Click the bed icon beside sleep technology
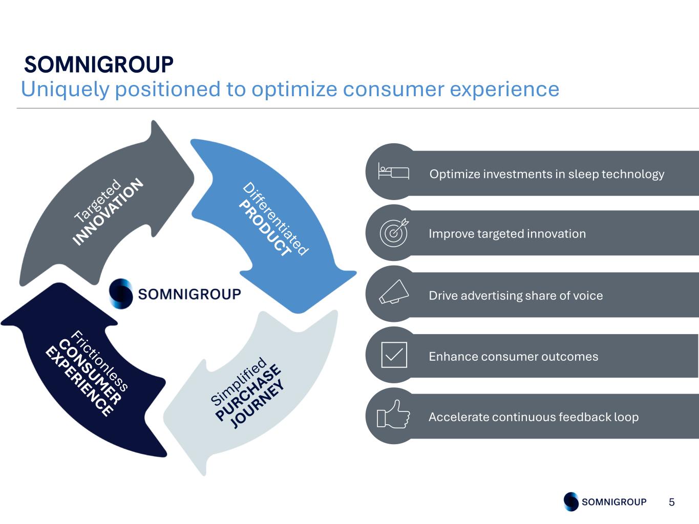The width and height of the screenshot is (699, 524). pyautogui.click(x=393, y=171)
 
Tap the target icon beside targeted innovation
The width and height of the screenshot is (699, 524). pyautogui.click(x=394, y=232)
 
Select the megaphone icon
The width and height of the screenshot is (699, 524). pyautogui.click(x=394, y=292)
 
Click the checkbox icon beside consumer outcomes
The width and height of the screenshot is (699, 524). pyautogui.click(x=394, y=355)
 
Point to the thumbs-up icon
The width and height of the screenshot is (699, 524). pyautogui.click(x=393, y=414)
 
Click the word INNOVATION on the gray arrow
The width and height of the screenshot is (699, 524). pyautogui.click(x=108, y=211)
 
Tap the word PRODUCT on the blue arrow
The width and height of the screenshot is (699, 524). pyautogui.click(x=265, y=228)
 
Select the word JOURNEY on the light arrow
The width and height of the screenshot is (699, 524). pyautogui.click(x=257, y=404)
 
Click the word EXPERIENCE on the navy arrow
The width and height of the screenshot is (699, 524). pyautogui.click(x=79, y=382)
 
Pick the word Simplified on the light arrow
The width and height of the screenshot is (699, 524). pyautogui.click(x=239, y=381)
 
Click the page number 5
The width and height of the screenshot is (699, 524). pyautogui.click(x=672, y=502)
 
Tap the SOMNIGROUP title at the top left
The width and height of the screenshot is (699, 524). pyautogui.click(x=99, y=64)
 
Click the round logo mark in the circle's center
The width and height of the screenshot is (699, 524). pyautogui.click(x=121, y=294)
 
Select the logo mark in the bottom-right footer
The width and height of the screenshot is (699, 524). pyautogui.click(x=571, y=501)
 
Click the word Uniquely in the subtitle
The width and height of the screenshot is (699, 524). pyautogui.click(x=65, y=90)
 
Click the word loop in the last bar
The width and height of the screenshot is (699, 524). pyautogui.click(x=626, y=417)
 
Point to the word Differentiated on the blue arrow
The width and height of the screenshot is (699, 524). pyautogui.click(x=276, y=219)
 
